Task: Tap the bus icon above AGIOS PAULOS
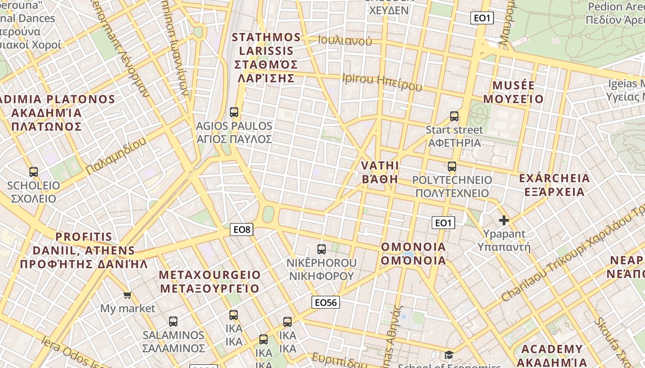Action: (234, 112)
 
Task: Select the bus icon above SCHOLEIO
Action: (34, 172)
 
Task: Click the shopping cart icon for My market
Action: (127, 295)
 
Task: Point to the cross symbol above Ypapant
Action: (504, 220)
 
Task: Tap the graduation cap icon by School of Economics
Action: (449, 355)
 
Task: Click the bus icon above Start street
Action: (454, 116)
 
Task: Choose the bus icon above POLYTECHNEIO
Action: (452, 166)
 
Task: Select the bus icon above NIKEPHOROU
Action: (322, 249)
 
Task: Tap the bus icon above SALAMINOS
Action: (173, 322)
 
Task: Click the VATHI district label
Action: (380, 172)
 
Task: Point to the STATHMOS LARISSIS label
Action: (266, 57)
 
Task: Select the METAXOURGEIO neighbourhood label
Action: (210, 282)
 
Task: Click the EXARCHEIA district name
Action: (554, 184)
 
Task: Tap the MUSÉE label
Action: (514, 92)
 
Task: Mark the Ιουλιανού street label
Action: (345, 40)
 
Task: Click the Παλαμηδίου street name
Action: (116, 155)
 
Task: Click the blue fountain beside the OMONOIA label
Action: (408, 254)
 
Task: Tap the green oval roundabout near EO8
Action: (268, 214)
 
